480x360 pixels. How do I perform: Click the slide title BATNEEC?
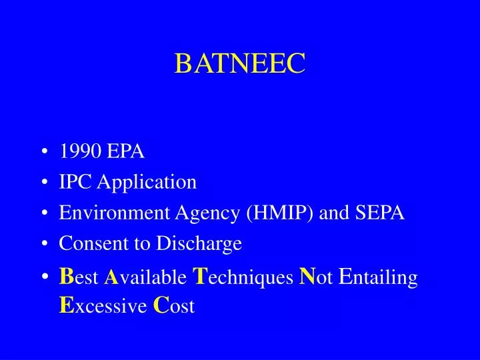[x=240, y=63]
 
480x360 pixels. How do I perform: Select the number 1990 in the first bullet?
[x=79, y=152]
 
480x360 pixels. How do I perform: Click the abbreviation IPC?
[x=75, y=182]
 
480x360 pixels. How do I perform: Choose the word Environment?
[x=115, y=213]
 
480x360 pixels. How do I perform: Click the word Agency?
[x=207, y=214]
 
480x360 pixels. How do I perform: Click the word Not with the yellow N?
[x=317, y=277]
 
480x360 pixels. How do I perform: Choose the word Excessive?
[x=103, y=306]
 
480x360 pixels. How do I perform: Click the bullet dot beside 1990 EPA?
[x=45, y=153]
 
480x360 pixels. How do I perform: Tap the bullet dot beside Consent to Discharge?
[x=45, y=245]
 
